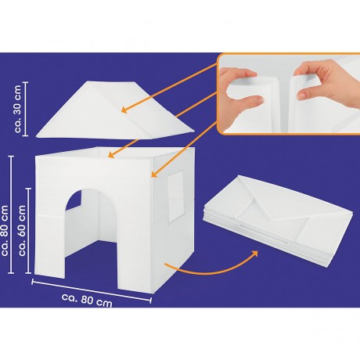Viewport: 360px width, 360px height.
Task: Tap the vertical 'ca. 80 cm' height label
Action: [x=5, y=230]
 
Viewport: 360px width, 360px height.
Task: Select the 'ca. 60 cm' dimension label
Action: [x=22, y=230]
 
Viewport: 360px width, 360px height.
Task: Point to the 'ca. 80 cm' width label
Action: [x=87, y=300]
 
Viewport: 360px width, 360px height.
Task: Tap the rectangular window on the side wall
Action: [x=175, y=197]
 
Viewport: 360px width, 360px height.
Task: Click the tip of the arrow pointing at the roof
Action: [x=121, y=111]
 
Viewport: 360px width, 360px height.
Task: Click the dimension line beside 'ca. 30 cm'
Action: [x=25, y=109]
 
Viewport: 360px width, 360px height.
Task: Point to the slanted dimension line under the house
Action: [x=92, y=291]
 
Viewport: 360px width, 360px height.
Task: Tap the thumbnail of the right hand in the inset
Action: [x=301, y=96]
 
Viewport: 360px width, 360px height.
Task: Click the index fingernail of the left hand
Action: [x=259, y=99]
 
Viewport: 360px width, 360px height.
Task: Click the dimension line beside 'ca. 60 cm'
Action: [x=28, y=231]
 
